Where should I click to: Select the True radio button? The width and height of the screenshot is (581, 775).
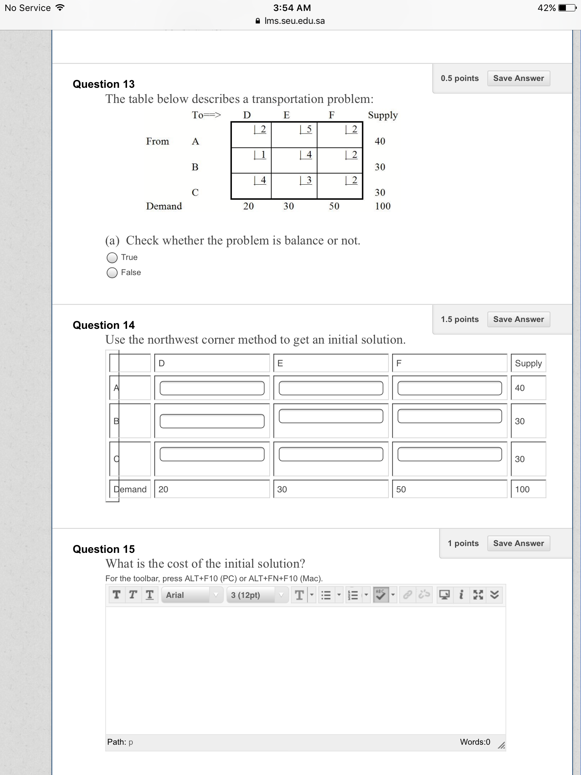pos(112,258)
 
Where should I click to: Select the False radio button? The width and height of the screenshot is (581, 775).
pos(112,273)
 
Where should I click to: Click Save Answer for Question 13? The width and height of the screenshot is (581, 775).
pos(518,78)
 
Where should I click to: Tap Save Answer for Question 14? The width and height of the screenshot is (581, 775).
pos(518,319)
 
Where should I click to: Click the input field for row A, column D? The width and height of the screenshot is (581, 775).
pos(212,388)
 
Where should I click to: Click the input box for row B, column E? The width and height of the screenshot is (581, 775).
pos(331,416)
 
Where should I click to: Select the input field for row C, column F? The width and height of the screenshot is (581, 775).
pos(449,454)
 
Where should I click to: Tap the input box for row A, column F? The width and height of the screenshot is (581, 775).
pos(449,388)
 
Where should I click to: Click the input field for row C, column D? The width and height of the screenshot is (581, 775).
pos(212,454)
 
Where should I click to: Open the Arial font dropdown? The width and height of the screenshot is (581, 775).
pos(192,595)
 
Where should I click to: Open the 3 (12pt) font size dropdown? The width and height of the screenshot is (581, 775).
pos(257,595)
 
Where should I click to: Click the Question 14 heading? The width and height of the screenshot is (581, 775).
pos(104,325)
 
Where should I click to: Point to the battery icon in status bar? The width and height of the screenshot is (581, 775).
pos(567,8)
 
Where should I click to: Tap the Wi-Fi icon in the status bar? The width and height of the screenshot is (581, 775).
pos(59,8)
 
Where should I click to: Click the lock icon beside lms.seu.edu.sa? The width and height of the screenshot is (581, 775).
pos(258,21)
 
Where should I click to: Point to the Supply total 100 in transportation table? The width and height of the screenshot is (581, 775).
pos(382,206)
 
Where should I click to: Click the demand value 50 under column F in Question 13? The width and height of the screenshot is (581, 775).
pos(334,206)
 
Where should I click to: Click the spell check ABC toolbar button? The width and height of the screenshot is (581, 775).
pos(381,595)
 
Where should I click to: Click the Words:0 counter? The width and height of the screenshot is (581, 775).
pos(475,742)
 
